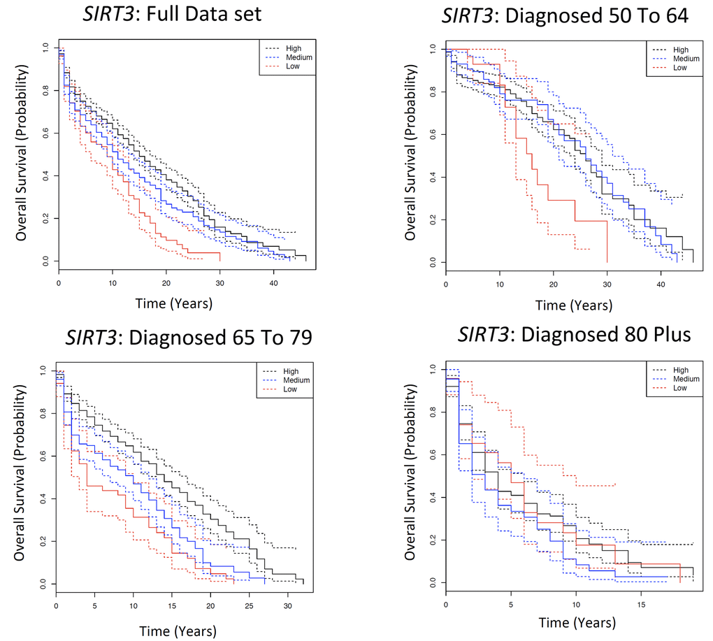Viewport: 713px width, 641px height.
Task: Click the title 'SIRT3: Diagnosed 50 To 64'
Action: click(565, 16)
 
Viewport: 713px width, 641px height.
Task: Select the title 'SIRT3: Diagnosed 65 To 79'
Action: click(189, 338)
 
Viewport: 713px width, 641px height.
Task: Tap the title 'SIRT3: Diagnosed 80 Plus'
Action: click(574, 335)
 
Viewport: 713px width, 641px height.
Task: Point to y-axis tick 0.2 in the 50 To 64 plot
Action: click(433, 219)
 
